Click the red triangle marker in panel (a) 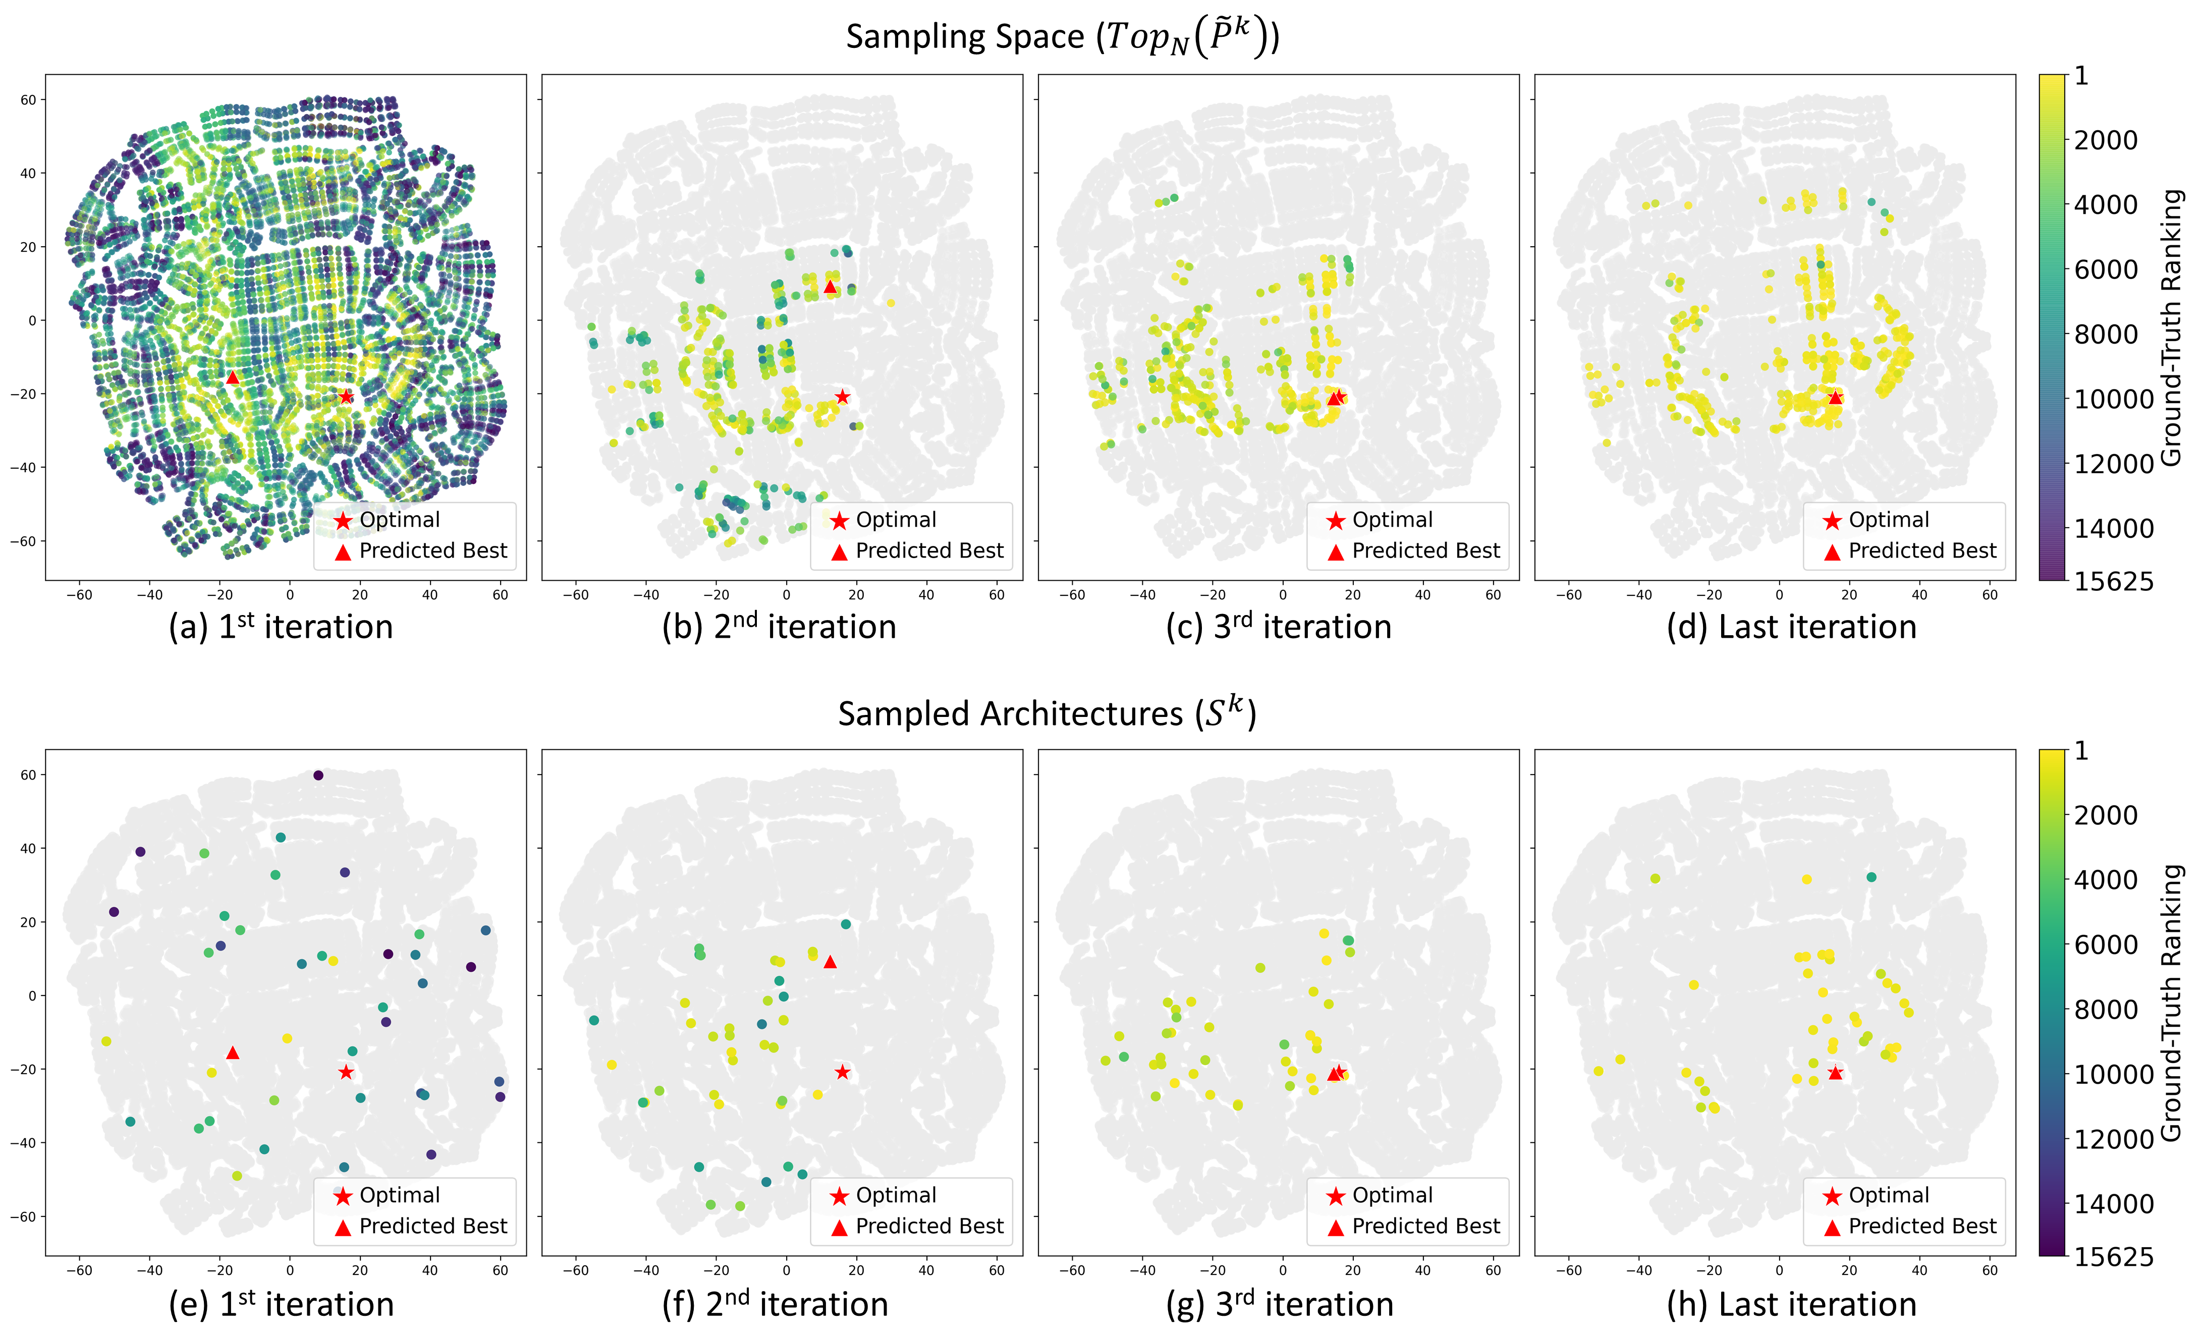(232, 378)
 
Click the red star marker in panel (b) (842, 397)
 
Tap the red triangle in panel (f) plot (830, 962)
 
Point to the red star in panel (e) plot (346, 1072)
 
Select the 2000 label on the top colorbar (2105, 140)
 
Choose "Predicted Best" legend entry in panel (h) (1921, 1226)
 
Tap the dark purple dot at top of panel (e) (318, 775)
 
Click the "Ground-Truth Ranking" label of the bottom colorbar (2171, 1002)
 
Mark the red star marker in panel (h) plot (1835, 1072)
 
